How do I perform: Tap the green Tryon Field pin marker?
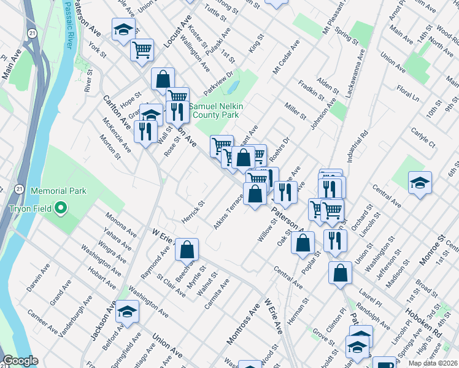pos(61,208)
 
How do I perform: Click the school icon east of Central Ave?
pos(420,183)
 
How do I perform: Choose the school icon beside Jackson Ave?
pos(127,312)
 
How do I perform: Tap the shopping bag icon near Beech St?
pos(187,250)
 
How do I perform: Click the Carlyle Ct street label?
pos(423,137)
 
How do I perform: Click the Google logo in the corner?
pos(20,361)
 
